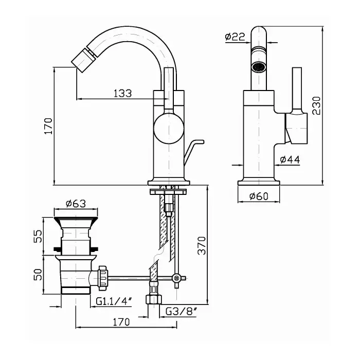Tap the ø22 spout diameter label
[234, 37]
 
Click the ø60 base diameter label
[259, 196]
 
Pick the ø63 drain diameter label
[76, 203]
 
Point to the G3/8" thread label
[181, 311]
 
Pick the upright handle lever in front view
[296, 90]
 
